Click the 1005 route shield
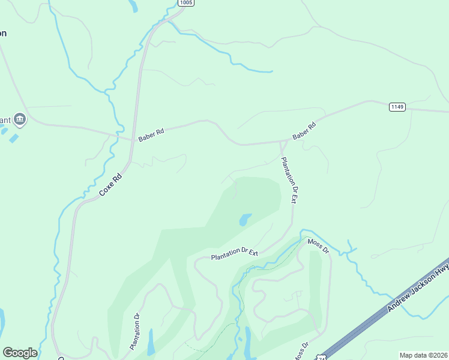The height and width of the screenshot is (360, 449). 186,3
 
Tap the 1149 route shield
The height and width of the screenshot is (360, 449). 397,107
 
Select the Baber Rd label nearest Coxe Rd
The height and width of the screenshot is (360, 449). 151,135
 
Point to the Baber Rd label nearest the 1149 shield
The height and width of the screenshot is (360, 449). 304,132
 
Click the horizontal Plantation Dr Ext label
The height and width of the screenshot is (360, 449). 234,254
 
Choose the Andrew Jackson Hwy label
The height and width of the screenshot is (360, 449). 418,290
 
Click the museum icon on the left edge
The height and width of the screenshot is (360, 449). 20,119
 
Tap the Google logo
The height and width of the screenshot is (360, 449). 20,353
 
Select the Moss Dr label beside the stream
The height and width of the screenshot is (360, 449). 318,245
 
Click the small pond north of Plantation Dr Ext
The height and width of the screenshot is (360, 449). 245,220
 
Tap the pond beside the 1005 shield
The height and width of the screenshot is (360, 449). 133,5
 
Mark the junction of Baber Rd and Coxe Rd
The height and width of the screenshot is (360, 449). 131,139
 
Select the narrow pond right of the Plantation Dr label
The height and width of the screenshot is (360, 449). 151,341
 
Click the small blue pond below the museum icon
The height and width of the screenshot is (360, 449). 14,139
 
